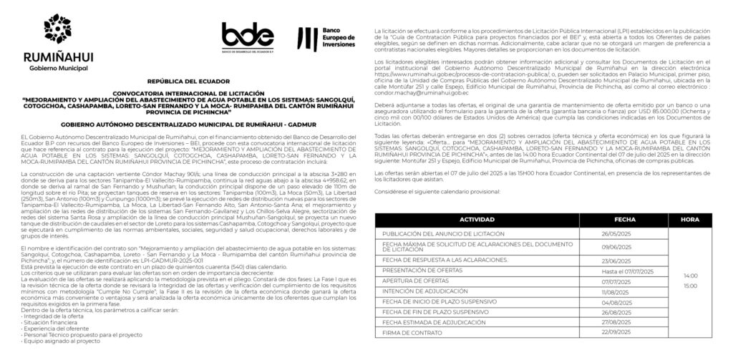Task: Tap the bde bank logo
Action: tap(247, 37)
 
